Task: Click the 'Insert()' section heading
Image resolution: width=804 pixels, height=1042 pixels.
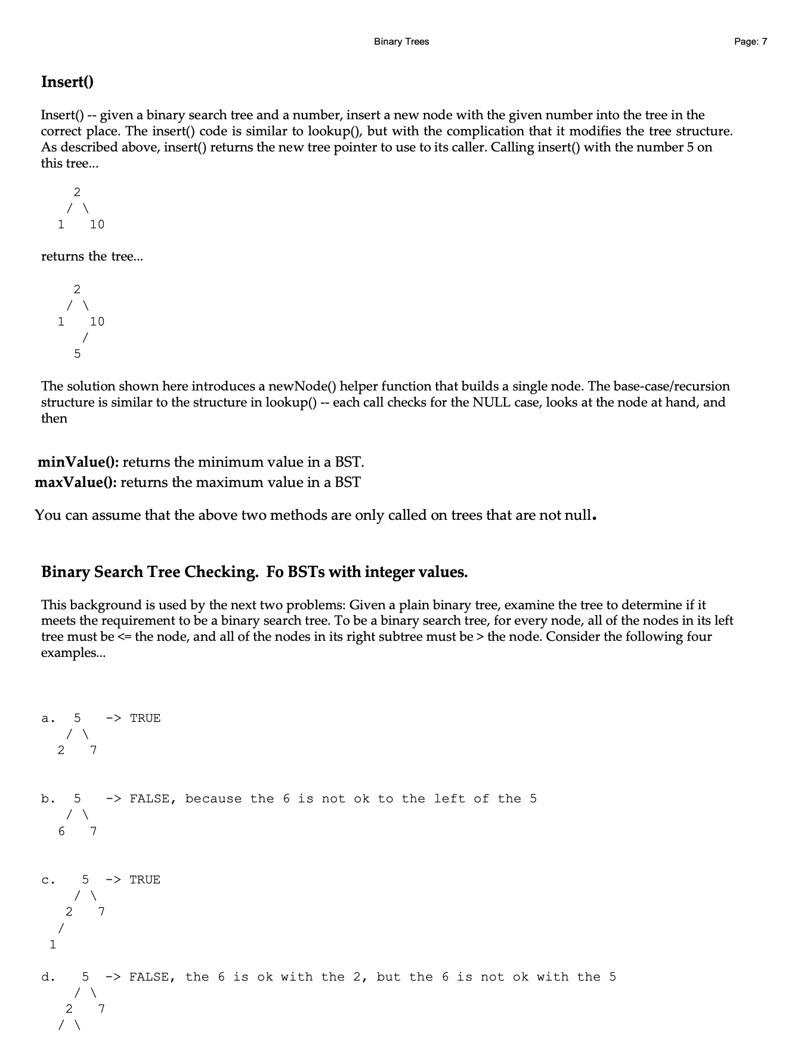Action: pos(67,82)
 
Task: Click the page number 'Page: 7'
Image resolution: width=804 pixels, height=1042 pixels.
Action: pos(750,42)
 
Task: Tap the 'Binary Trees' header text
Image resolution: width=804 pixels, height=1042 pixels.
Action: pos(401,42)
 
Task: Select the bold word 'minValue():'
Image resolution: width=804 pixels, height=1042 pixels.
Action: pos(78,462)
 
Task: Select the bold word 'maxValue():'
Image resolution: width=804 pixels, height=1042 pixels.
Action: pos(76,482)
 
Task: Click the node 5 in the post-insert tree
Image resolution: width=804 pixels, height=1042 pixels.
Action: pos(77,354)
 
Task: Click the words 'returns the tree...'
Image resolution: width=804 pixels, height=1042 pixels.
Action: pos(92,256)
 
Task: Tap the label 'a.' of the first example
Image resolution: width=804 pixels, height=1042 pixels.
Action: pos(48,718)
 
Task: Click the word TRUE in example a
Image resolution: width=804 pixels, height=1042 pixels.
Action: pos(145,718)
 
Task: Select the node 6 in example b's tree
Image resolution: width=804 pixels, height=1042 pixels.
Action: pos(61,831)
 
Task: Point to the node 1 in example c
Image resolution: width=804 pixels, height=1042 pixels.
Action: pos(53,944)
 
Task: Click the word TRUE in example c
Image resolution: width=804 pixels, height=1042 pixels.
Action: pos(145,880)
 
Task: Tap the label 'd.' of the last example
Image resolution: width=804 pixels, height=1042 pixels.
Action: pos(48,977)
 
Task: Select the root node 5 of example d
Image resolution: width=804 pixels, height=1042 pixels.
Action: pos(85,977)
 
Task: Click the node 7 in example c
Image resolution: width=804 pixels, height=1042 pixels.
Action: pos(101,912)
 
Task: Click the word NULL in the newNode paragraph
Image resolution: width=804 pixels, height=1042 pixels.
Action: pos(491,402)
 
